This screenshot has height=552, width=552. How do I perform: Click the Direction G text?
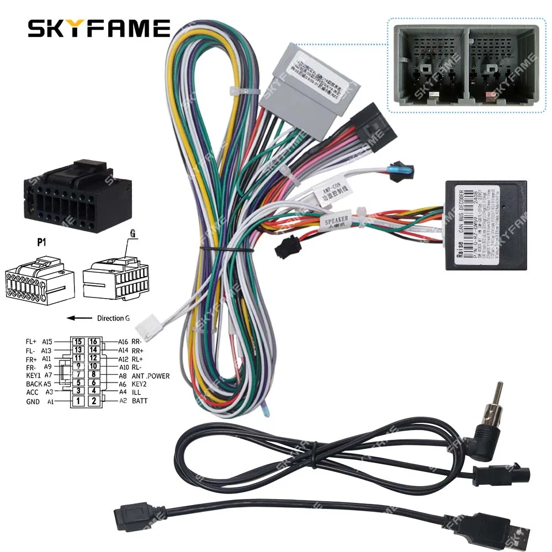pyautogui.click(x=114, y=318)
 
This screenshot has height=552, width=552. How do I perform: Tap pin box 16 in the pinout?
pyautogui.click(x=94, y=342)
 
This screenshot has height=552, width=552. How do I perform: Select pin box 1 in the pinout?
pyautogui.click(x=80, y=401)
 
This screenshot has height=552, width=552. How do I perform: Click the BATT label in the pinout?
pyautogui.click(x=141, y=401)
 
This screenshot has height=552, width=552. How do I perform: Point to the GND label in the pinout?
pyautogui.click(x=33, y=402)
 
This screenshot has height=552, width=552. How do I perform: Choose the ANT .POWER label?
pyautogui.click(x=150, y=376)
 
